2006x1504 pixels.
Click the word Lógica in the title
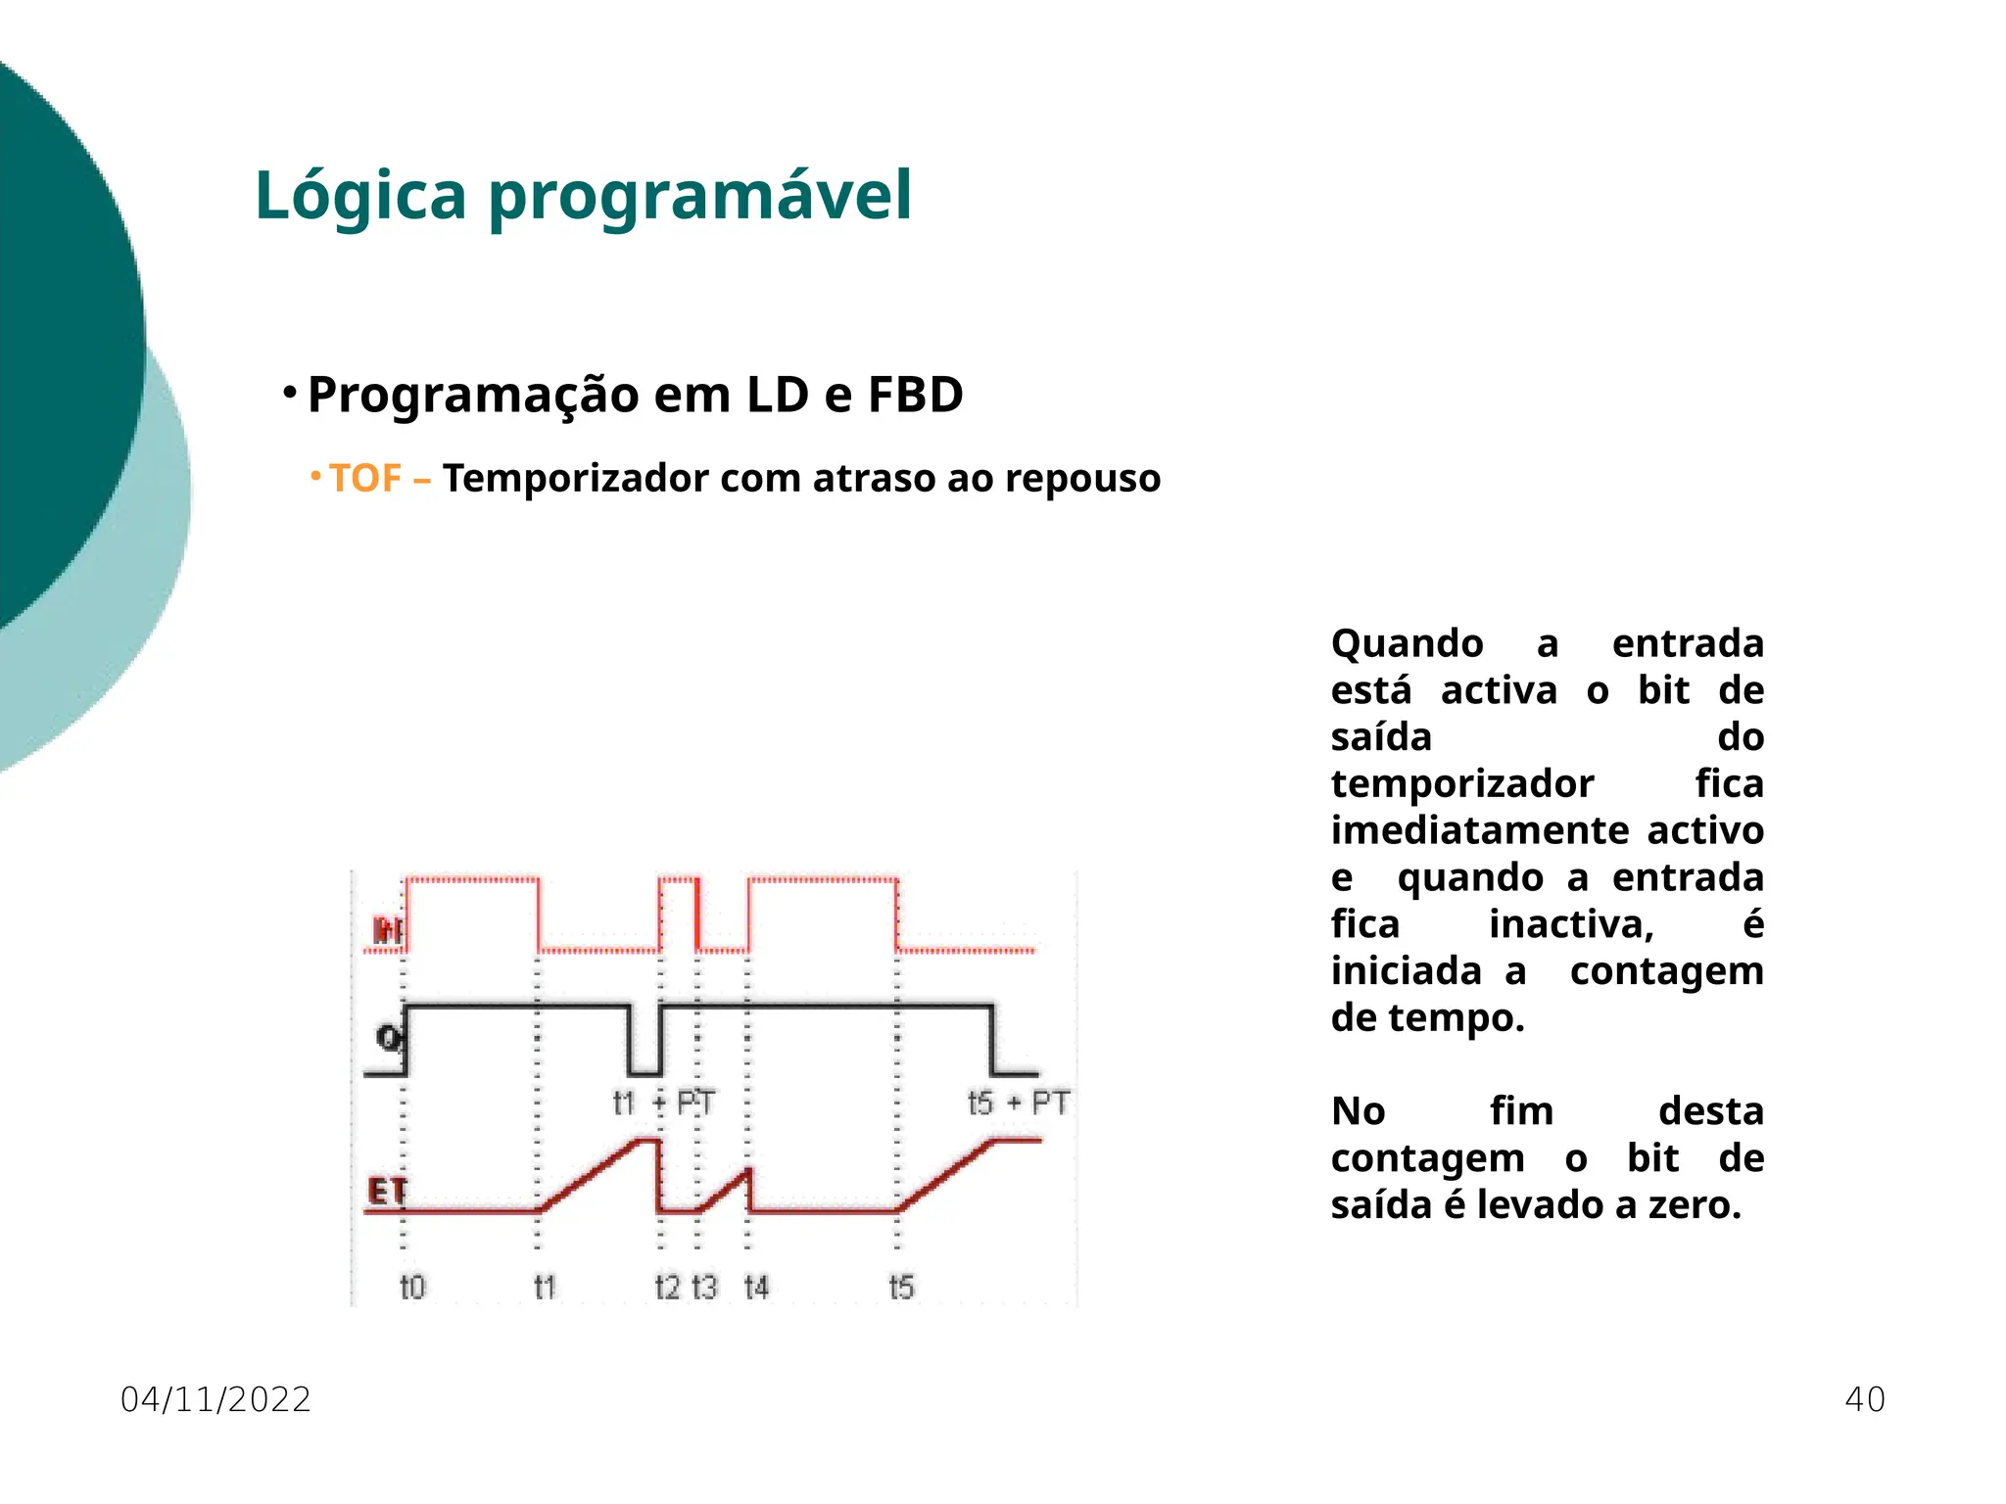359,196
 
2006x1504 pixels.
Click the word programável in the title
700,196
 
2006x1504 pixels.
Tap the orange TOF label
364,479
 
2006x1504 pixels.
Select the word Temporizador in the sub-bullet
575,479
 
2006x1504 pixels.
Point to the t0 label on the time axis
413,1287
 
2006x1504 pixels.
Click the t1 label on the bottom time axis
545,1287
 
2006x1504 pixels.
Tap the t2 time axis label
667,1287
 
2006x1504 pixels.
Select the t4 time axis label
756,1287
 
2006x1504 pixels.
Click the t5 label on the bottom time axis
901,1287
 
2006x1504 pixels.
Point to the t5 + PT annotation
1018,1104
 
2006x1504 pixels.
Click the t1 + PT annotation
664,1104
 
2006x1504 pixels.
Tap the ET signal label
386,1192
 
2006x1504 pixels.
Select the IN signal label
388,930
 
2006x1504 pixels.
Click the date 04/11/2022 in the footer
215,1400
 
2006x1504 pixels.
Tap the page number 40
1864,1400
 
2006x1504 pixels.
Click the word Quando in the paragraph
1407,644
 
